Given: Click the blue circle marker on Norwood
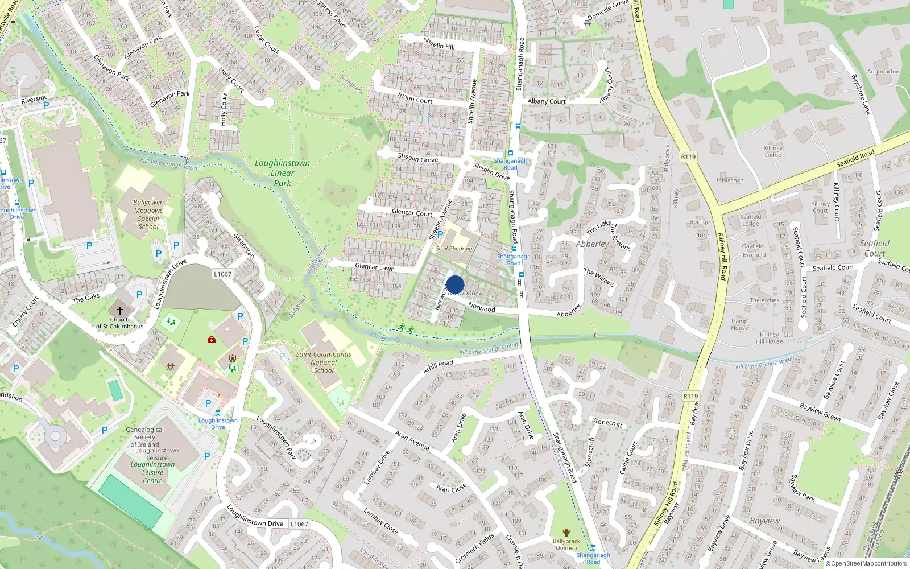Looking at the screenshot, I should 455,284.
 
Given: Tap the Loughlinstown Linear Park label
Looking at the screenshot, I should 282,172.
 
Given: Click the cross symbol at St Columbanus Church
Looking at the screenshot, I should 119,311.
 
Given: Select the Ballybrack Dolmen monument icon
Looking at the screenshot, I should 566,533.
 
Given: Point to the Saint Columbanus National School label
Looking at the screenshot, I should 324,362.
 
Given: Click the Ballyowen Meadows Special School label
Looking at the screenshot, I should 148,215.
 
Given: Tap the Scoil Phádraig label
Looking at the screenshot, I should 454,248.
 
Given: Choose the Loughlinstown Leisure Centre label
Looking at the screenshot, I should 152,472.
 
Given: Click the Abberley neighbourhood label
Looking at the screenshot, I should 592,244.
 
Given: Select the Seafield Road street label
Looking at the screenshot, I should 855,158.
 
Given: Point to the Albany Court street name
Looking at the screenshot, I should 546,101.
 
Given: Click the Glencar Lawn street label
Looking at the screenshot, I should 374,267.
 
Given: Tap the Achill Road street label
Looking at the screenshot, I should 438,366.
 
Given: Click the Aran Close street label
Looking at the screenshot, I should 450,488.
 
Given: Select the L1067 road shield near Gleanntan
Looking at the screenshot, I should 223,274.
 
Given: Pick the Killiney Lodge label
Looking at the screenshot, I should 773,151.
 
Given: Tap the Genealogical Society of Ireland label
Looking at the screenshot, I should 144,437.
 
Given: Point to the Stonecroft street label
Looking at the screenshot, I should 607,422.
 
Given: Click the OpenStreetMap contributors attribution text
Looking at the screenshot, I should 866,563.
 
